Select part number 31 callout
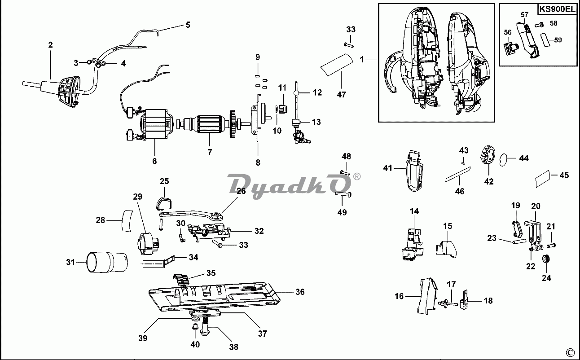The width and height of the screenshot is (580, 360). point(70,262)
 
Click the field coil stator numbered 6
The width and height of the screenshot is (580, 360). point(155,125)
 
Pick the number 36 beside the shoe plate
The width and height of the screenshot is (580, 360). point(300,292)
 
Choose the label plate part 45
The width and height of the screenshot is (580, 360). point(543,179)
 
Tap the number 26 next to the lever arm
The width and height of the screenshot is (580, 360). point(241,191)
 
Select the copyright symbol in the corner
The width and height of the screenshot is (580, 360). point(570,351)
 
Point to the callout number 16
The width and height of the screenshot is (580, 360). point(400,296)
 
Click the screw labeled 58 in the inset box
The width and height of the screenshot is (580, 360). point(541,23)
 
